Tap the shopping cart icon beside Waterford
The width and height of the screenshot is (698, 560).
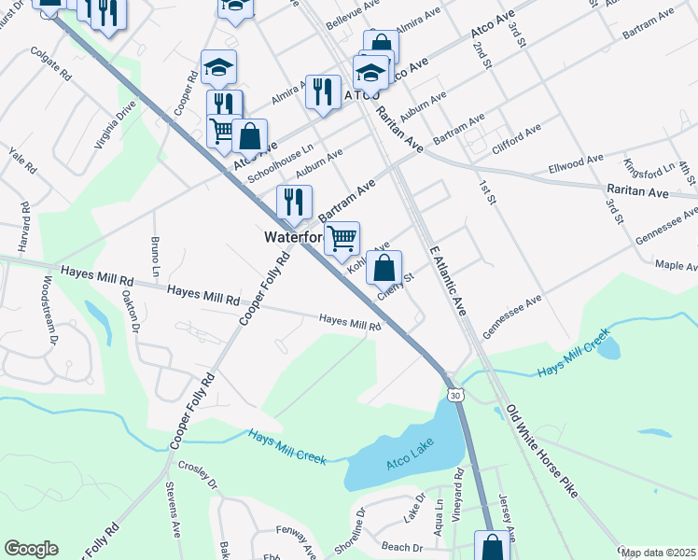342,239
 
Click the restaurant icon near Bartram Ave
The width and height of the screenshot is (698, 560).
294,201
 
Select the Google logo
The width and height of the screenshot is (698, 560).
32,548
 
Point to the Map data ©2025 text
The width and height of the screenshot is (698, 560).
659,553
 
